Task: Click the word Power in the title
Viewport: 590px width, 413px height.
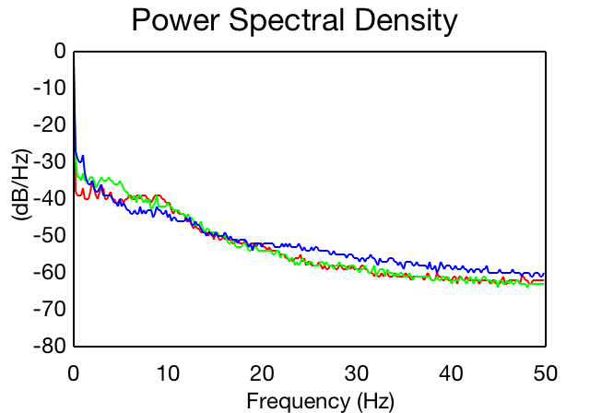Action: point(176,19)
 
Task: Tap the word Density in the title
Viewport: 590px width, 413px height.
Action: point(406,21)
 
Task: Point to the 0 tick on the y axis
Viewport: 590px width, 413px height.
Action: point(60,51)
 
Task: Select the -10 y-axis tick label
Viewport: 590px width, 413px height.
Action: point(50,88)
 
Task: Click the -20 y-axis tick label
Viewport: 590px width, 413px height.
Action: point(50,124)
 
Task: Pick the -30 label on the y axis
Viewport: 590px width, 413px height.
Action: point(50,161)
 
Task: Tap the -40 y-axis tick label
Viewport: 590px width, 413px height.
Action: point(50,198)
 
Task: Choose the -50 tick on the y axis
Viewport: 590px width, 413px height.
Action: point(50,235)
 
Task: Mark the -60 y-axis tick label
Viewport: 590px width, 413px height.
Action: point(50,272)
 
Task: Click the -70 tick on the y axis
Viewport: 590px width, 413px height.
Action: point(50,309)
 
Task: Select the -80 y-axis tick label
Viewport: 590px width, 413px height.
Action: point(50,346)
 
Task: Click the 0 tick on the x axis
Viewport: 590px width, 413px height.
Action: point(74,373)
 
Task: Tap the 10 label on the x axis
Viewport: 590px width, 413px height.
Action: point(168,373)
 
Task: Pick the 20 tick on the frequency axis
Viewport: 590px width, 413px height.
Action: point(262,373)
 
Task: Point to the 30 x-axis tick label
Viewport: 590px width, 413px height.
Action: point(357,373)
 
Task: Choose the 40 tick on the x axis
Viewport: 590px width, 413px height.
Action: point(451,373)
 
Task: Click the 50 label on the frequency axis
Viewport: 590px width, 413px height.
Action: point(546,373)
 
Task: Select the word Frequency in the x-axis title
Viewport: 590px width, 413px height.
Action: point(299,402)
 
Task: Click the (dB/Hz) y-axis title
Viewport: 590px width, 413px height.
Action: point(22,185)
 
